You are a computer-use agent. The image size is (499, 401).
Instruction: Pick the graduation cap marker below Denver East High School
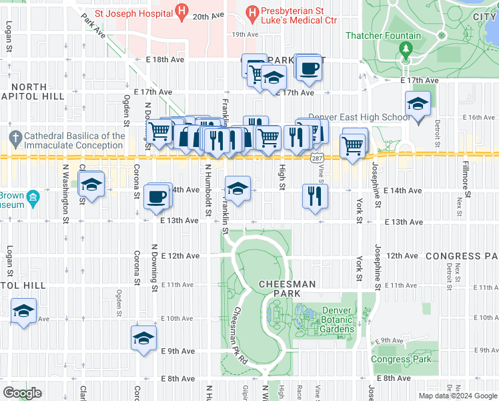418,105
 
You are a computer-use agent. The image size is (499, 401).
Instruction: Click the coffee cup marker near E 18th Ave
308,68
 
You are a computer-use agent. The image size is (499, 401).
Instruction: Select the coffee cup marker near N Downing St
157,197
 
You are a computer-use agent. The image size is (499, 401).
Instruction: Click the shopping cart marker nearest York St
352,145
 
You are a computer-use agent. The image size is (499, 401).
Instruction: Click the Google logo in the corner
23,392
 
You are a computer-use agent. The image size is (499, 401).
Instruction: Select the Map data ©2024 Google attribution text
457,396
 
